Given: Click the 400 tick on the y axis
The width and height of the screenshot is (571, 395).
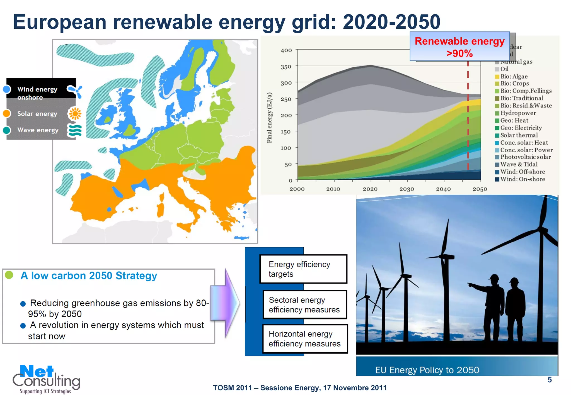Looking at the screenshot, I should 286,50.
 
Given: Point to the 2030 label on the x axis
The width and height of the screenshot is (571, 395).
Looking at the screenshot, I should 407,189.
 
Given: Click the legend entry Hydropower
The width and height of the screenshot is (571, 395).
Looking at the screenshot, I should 518,113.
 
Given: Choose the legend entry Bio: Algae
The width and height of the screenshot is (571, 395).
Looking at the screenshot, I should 514,76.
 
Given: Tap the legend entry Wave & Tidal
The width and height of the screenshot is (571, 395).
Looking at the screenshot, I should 519,164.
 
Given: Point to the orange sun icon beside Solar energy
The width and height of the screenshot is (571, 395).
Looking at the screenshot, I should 75,114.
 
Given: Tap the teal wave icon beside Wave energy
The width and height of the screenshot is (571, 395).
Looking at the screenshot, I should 75,130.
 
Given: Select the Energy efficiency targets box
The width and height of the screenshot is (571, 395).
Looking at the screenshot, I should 303,269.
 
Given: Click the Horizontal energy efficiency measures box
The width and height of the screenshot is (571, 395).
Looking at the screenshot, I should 305,339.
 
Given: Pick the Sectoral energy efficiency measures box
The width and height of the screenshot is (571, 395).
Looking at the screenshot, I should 304,305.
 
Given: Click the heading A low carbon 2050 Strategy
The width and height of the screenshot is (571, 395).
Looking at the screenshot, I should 89,275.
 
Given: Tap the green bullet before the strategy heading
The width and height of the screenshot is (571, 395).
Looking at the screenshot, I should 9,275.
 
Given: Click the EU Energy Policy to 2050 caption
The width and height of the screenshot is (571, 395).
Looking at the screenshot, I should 427,370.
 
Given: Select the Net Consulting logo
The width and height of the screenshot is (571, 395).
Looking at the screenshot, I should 46,379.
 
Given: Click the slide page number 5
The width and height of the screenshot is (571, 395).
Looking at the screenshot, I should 550,380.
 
